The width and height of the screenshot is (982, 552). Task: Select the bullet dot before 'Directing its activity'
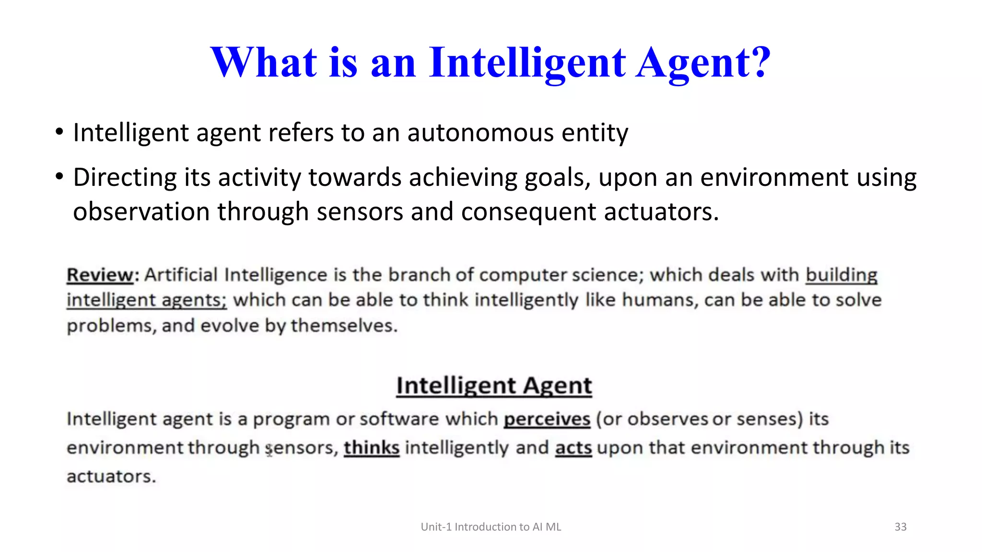(59, 177)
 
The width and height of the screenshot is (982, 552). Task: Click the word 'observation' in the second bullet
(141, 212)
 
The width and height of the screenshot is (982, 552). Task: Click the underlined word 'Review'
(100, 275)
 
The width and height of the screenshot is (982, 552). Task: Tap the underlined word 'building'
(841, 275)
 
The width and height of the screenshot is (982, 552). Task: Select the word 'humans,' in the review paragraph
(660, 300)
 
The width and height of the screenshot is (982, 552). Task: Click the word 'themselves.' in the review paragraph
(344, 326)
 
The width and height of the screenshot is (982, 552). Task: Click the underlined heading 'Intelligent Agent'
(494, 386)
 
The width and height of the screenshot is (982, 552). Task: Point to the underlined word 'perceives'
(547, 419)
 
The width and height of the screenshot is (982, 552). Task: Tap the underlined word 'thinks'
(372, 448)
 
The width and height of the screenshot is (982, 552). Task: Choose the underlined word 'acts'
(573, 448)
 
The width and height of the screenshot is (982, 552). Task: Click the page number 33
(900, 527)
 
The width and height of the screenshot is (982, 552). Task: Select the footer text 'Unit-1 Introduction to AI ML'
(491, 527)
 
